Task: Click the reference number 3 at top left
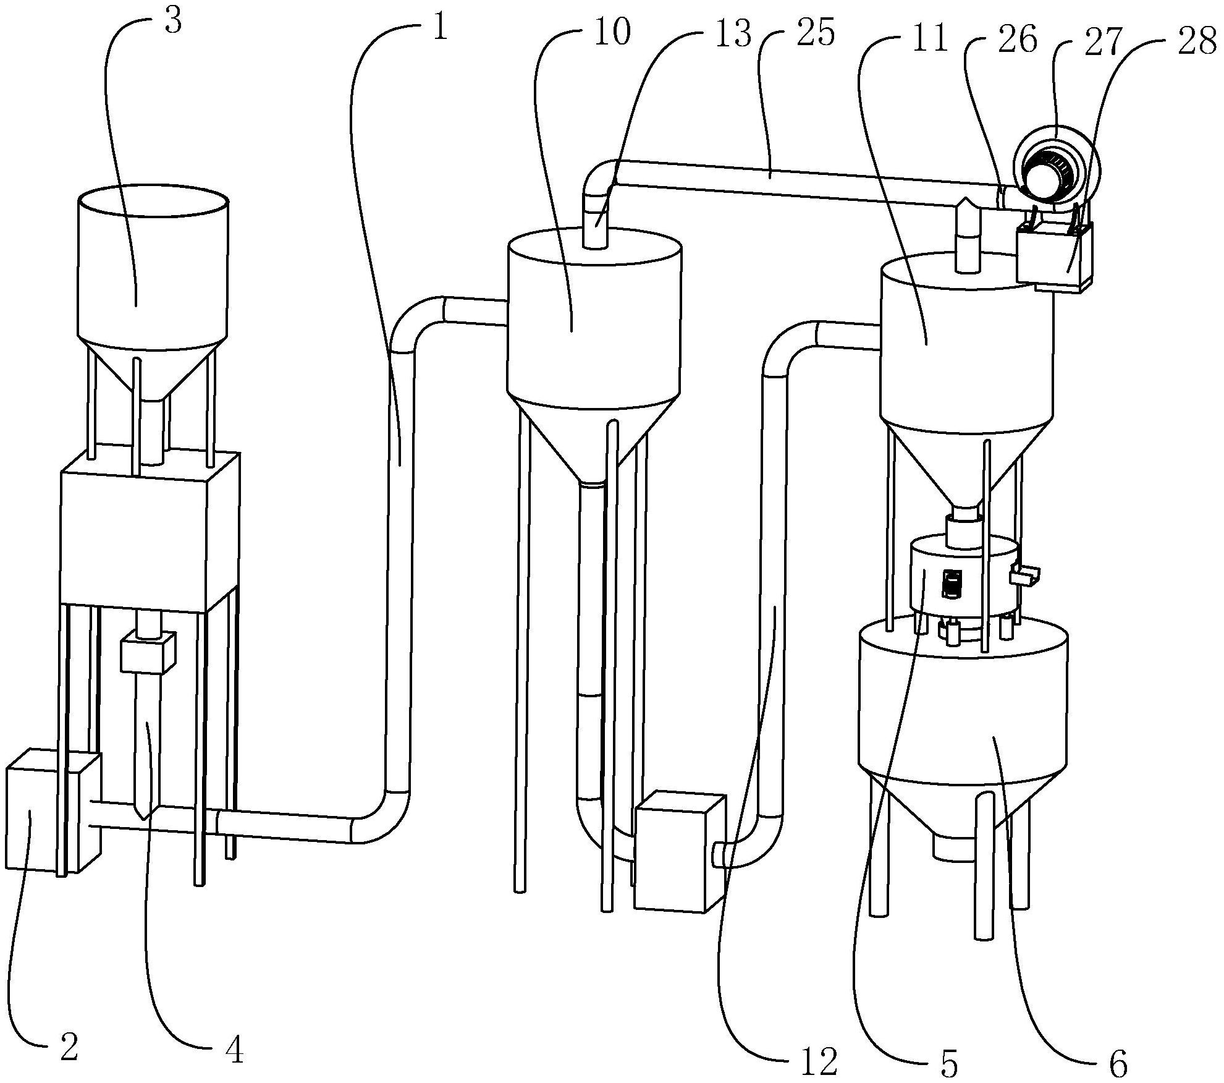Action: click(x=174, y=20)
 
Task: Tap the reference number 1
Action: click(x=440, y=27)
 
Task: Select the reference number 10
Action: click(x=612, y=32)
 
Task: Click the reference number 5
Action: click(x=947, y=1062)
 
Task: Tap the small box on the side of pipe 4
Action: click(x=148, y=652)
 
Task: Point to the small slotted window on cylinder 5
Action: click(x=952, y=584)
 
